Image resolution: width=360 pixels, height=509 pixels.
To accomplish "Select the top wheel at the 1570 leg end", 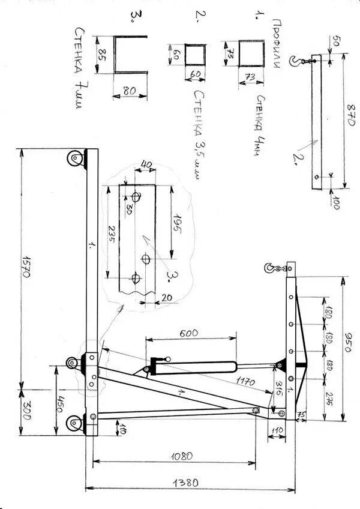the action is (74, 160).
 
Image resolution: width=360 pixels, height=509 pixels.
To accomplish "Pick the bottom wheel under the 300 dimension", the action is (74, 424).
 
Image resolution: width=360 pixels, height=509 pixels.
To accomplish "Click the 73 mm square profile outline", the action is (251, 53).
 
